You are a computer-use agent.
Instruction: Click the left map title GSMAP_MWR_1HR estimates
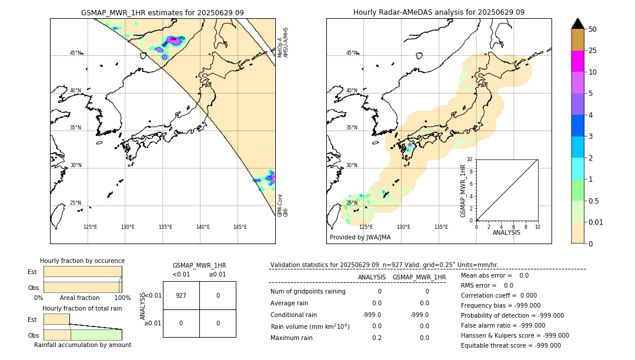[x=162, y=12]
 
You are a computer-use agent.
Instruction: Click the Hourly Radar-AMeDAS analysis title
[x=439, y=12]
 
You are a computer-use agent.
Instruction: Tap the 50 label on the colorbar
[x=593, y=29]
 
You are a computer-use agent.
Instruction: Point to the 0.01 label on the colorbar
[x=596, y=222]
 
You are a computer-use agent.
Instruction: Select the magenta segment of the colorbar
[x=577, y=61]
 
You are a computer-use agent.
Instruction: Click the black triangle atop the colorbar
[x=577, y=24]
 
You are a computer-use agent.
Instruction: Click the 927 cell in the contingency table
[x=181, y=295]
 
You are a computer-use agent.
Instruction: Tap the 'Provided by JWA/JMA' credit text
[x=360, y=237]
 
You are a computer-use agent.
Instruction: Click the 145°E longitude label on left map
[x=240, y=227]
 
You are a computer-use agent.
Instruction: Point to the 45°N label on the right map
[x=352, y=53]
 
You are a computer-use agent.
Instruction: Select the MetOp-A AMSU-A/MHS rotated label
[x=283, y=42]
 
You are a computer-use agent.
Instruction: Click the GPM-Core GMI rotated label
[x=283, y=205]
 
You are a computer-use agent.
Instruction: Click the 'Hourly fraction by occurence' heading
[x=82, y=261]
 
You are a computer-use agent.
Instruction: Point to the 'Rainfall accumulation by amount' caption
[x=82, y=345]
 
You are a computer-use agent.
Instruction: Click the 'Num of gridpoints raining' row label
[x=308, y=291]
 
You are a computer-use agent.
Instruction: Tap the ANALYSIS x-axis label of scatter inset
[x=506, y=232]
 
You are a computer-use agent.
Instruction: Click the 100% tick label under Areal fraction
[x=122, y=298]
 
